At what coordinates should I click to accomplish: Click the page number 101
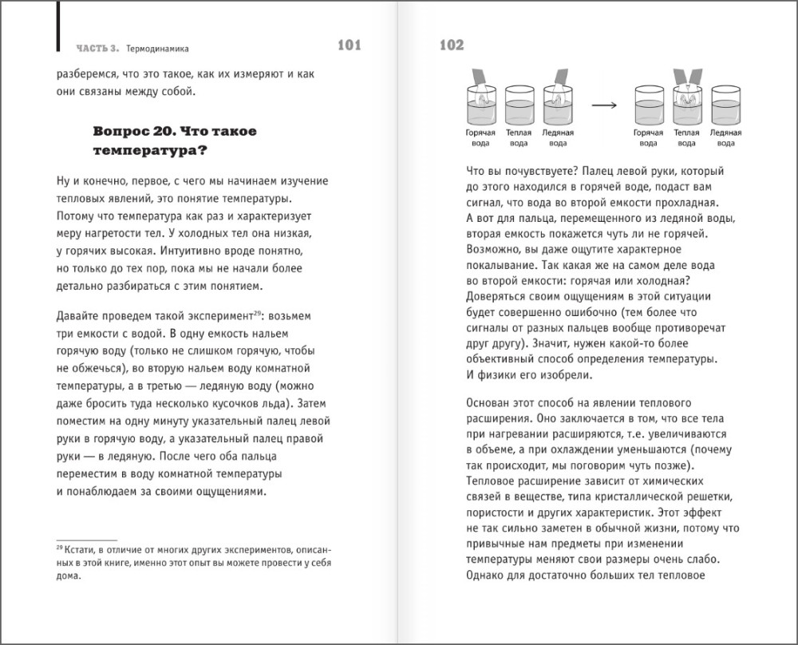(x=350, y=46)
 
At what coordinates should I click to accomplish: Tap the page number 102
(x=451, y=46)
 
